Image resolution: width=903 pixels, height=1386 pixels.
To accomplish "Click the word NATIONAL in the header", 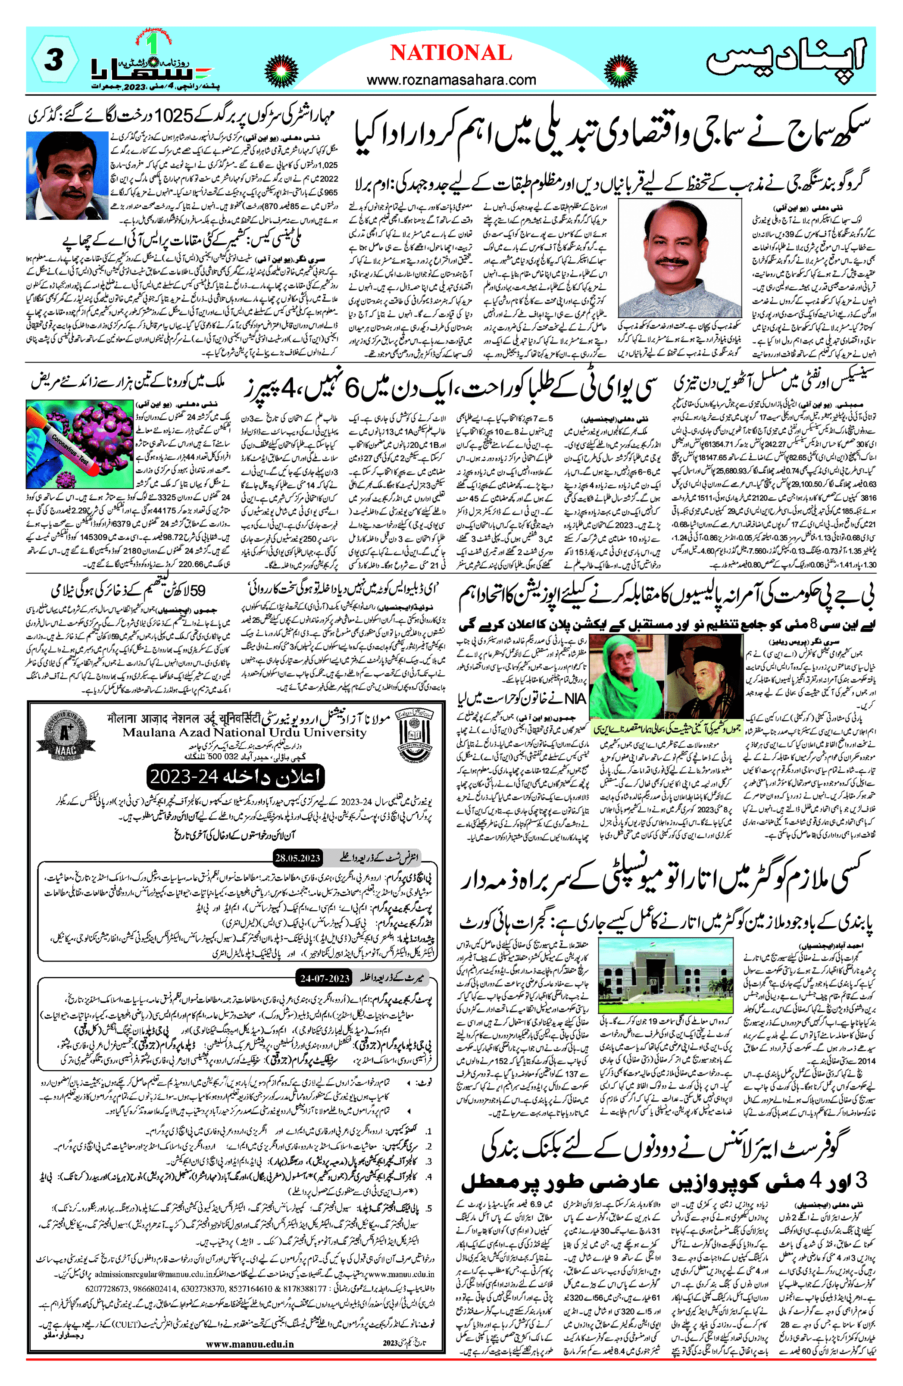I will tap(450, 53).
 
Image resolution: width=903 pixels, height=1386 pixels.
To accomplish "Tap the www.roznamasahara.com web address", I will tap(451, 80).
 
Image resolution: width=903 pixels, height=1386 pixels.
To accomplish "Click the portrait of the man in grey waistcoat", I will tap(679, 258).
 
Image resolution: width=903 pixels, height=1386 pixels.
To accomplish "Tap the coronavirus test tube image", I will tap(79, 444).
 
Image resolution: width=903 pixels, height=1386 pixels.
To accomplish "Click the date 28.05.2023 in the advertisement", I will tap(298, 858).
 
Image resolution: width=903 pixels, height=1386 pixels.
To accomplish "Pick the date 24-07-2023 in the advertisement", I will tap(325, 978).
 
